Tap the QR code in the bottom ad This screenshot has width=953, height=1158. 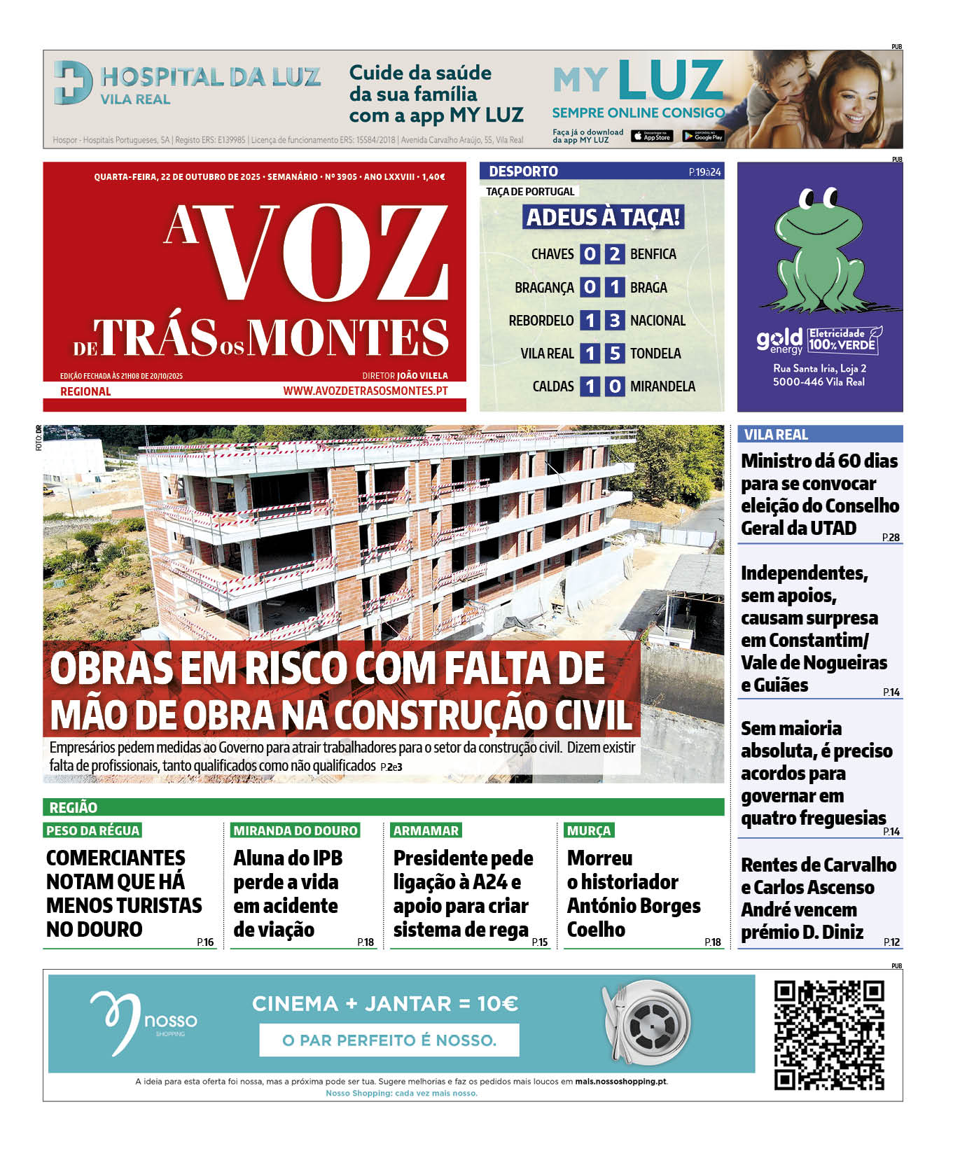829,1035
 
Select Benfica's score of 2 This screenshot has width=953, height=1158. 614,254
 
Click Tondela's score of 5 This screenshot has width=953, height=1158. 614,354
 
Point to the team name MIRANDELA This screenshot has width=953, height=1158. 662,386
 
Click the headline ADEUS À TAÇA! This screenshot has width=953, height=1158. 603,217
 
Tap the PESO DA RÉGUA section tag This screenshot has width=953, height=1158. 92,830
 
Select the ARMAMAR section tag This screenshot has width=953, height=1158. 426,830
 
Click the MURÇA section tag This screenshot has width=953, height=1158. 589,830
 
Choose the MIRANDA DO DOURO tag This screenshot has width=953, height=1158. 295,830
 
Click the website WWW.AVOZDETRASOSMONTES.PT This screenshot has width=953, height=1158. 365,391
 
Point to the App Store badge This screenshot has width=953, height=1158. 652,137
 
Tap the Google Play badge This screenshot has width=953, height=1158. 702,137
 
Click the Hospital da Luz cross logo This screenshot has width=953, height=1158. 73,83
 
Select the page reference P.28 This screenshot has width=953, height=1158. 891,538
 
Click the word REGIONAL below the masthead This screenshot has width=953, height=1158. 85,391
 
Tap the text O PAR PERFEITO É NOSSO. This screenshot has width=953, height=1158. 389,1040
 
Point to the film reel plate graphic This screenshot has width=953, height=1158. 646,1022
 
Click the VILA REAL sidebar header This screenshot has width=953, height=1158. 776,435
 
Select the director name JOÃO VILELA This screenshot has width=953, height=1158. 422,376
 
